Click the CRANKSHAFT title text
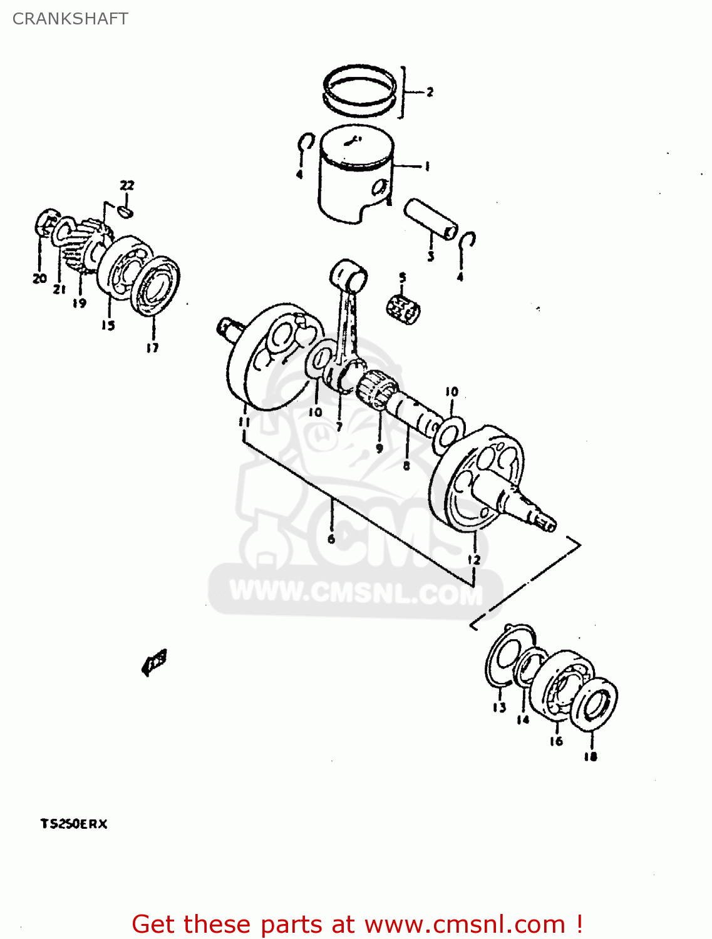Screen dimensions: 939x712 pos(70,19)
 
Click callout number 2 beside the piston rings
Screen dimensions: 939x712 pos(430,92)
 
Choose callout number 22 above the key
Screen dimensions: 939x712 pos(126,185)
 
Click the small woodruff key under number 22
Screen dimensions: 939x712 pos(126,212)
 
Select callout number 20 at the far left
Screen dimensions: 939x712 pos(39,278)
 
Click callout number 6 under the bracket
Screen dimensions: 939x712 pos(331,538)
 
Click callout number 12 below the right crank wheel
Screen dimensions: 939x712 pos(474,559)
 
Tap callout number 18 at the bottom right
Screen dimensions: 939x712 pos(590,756)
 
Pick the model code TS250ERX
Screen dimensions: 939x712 pos(74,824)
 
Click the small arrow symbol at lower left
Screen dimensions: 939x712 pos(154,662)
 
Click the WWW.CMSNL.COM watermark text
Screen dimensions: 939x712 pos(356,592)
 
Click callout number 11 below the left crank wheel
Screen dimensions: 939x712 pos(244,421)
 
